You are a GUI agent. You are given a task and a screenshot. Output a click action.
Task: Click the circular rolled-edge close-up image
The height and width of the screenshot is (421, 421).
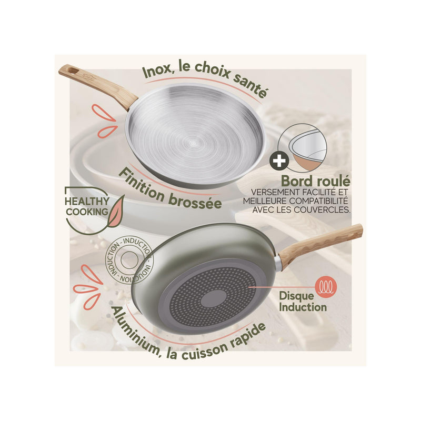tap(303, 149)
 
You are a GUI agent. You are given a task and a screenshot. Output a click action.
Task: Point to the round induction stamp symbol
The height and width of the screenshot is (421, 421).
tap(129, 260)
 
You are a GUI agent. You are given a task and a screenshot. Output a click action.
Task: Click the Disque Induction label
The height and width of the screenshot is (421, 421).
tap(303, 302)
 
